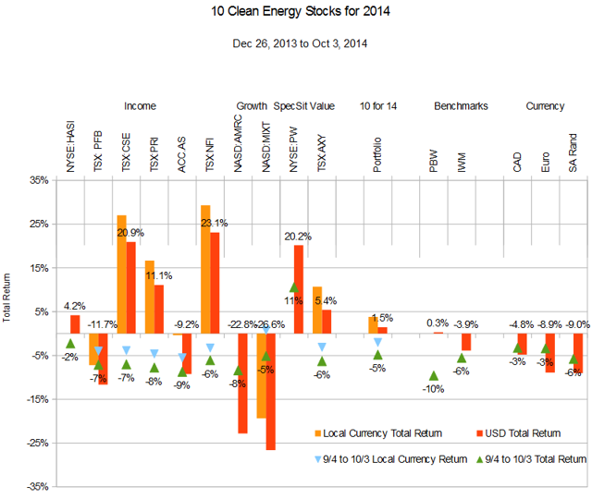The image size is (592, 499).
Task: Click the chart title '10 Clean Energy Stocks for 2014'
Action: pos(295,15)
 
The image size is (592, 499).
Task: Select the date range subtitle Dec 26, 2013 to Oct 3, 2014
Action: pos(295,43)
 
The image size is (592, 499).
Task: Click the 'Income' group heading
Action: pos(140,106)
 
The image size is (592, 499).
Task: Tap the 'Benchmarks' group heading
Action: pos(461,106)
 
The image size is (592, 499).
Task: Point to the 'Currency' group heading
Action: pos(545,106)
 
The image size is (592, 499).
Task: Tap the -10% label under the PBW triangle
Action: pos(433,389)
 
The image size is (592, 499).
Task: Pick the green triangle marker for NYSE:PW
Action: pos(293,287)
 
